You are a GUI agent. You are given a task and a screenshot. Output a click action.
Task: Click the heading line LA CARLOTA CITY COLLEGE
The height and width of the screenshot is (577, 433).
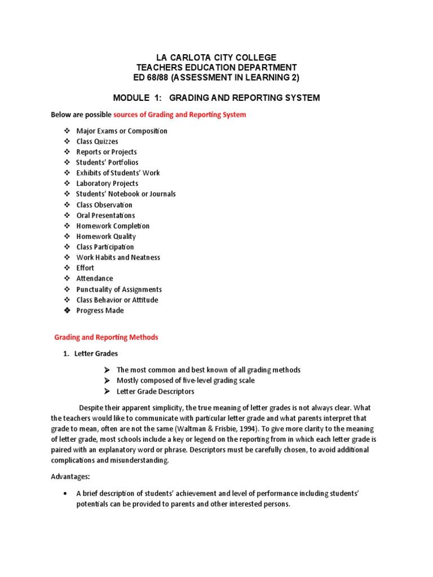tap(216, 57)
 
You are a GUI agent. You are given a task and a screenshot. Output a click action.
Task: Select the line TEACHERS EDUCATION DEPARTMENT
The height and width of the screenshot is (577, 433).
tap(216, 67)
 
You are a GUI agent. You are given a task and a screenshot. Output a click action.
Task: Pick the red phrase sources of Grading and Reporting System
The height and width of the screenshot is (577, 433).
tap(180, 115)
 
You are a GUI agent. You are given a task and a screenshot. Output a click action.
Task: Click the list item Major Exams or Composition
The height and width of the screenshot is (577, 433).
tap(122, 131)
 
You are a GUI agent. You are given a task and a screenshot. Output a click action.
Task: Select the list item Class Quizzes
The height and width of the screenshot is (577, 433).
tap(97, 141)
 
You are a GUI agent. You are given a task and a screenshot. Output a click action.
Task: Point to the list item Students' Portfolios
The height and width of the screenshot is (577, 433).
tap(107, 162)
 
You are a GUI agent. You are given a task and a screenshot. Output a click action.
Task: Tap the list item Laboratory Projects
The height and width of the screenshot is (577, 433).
tap(107, 183)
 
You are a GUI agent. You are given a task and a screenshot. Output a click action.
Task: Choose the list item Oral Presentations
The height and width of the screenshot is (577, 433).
tap(105, 215)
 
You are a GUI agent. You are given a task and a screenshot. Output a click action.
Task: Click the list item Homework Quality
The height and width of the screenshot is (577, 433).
tap(106, 236)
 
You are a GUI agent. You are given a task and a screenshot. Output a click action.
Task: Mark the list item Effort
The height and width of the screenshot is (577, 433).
tap(85, 268)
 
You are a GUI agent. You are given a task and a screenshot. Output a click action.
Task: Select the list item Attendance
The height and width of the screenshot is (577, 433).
tap(95, 278)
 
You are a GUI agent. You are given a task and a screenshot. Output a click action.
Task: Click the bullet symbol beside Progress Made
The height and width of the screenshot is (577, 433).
tap(67, 310)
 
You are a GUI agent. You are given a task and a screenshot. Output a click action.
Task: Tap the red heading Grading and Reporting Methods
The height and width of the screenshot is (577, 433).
tap(106, 338)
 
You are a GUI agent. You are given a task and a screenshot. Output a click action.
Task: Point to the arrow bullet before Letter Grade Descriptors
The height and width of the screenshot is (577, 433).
tap(107, 391)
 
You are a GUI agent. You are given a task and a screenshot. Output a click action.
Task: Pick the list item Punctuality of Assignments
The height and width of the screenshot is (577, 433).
tap(119, 289)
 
